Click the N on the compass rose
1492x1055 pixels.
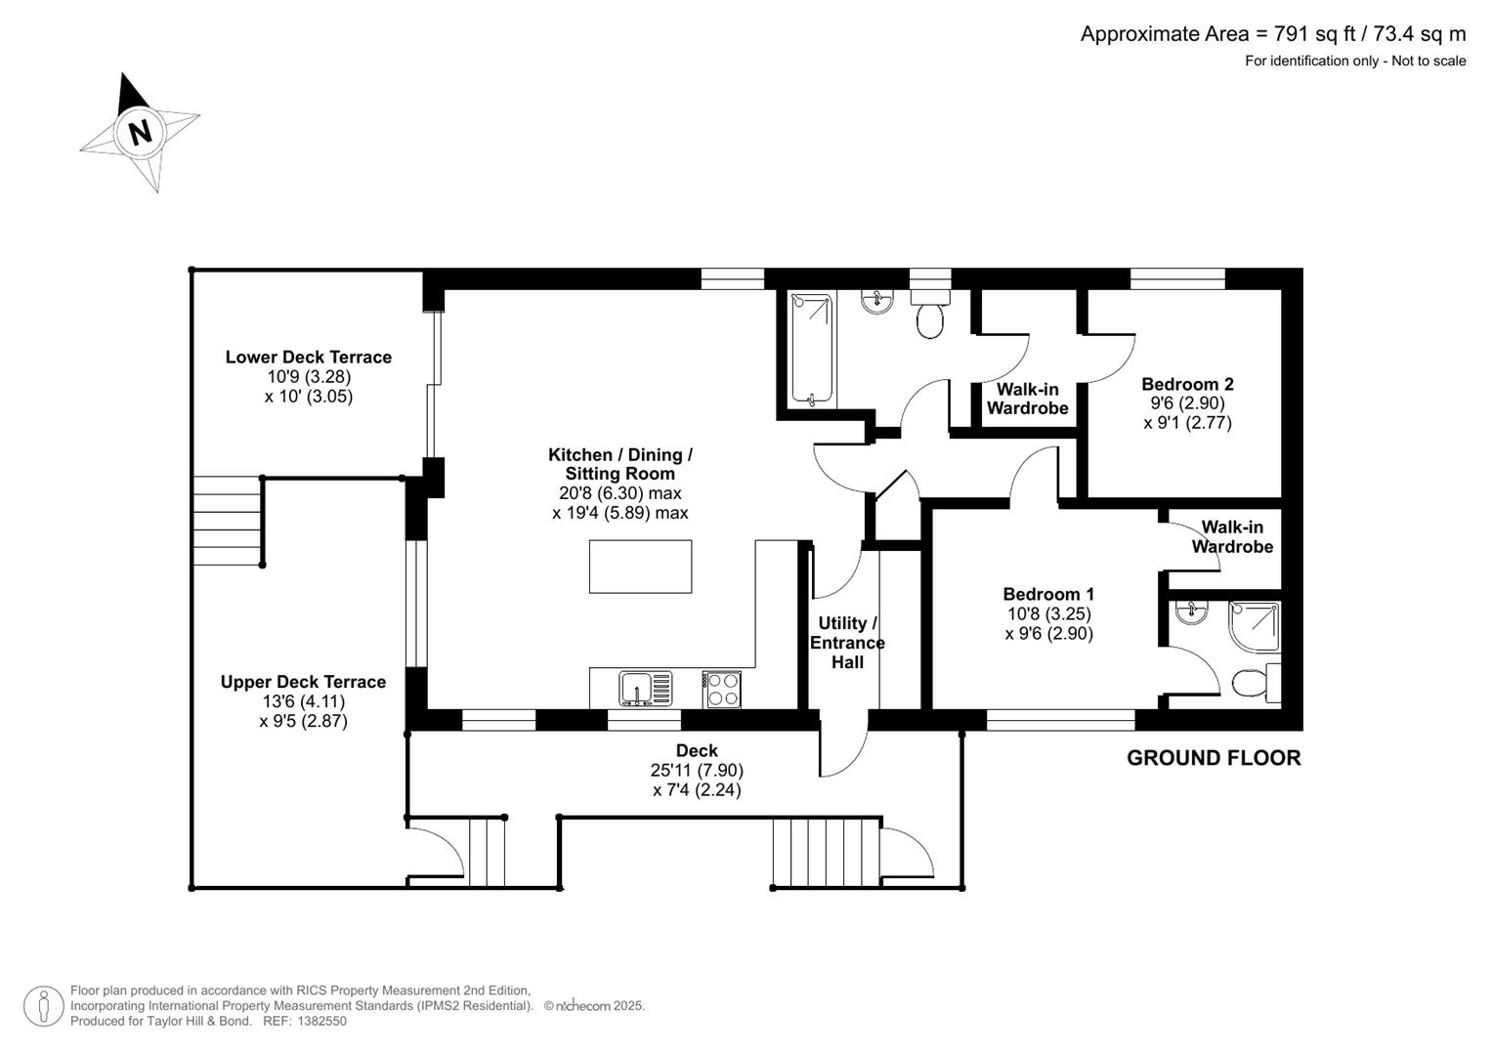[141, 131]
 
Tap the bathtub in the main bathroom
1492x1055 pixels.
[810, 349]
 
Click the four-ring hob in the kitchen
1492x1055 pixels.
[723, 689]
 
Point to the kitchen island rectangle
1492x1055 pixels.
[640, 567]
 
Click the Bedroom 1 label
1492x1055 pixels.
[1048, 594]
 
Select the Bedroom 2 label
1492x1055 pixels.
[1187, 384]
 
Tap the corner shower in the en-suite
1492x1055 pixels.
[1255, 625]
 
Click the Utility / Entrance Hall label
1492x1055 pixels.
[846, 643]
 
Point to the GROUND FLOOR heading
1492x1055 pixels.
[1214, 758]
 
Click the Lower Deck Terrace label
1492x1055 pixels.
[309, 358]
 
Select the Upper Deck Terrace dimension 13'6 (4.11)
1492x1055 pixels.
[303, 701]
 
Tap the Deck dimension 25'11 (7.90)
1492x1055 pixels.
[697, 770]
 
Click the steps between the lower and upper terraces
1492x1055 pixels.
[228, 520]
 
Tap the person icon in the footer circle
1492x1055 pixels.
[44, 1005]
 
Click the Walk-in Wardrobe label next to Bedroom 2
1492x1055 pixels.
[1027, 399]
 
